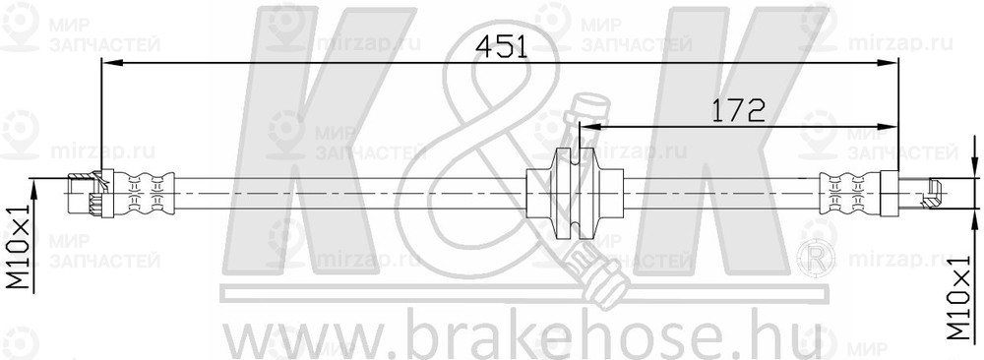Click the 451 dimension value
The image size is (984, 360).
point(502,46)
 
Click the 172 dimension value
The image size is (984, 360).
point(739,110)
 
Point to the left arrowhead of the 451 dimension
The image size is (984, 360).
point(111,62)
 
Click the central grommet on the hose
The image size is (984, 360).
point(575,195)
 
